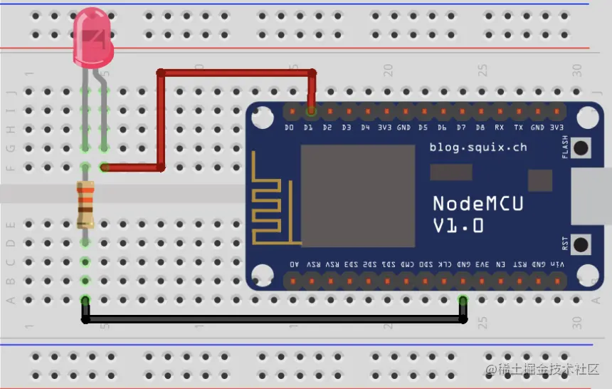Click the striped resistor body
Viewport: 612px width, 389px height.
pyautogui.click(x=85, y=204)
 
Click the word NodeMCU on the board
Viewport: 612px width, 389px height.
pyautogui.click(x=478, y=204)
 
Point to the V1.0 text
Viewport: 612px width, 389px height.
pyautogui.click(x=458, y=226)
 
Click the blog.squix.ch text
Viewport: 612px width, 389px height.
pyautogui.click(x=478, y=147)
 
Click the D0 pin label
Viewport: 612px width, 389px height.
pyautogui.click(x=289, y=128)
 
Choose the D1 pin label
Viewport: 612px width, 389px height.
pyautogui.click(x=308, y=128)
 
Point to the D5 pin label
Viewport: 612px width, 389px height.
pyautogui.click(x=423, y=128)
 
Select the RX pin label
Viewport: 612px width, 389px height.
pyautogui.click(x=499, y=128)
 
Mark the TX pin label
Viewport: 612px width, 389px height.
pyautogui.click(x=518, y=128)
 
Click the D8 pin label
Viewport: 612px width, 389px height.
pyautogui.click(x=480, y=128)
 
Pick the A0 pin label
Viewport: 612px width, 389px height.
pyautogui.click(x=295, y=264)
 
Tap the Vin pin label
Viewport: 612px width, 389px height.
pyautogui.click(x=557, y=264)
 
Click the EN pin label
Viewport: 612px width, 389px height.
pyautogui.click(x=500, y=264)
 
